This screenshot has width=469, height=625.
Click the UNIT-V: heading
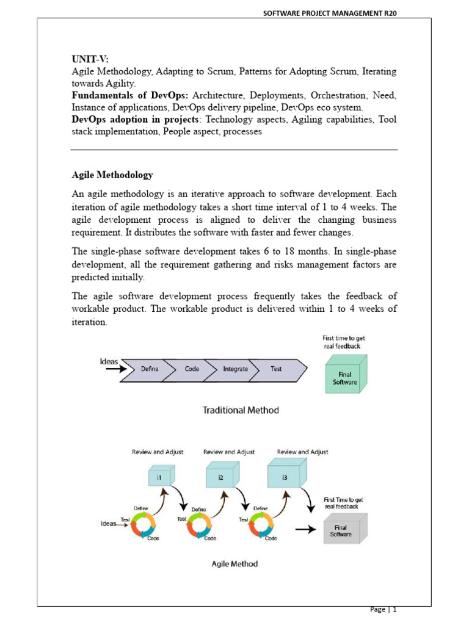(90, 59)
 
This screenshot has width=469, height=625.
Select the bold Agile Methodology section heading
(112, 175)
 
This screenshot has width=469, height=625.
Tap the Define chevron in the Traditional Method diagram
(150, 369)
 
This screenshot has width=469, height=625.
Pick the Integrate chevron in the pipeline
(236, 369)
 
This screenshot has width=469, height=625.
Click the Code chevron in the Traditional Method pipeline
(192, 369)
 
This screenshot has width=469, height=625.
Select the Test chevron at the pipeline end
(277, 369)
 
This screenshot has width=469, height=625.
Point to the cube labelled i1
(160, 477)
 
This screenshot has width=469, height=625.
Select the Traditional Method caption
(241, 410)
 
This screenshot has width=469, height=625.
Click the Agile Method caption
(234, 563)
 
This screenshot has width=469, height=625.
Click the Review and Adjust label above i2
(229, 452)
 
